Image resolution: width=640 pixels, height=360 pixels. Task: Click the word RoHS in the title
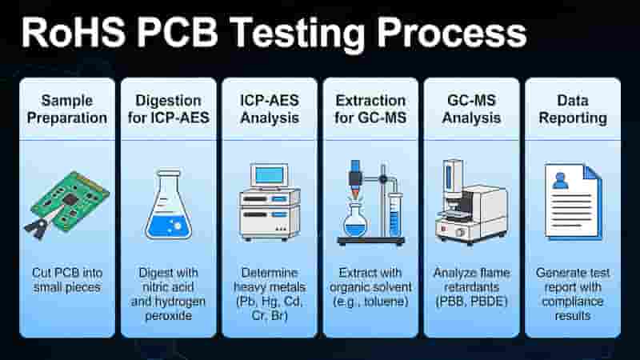pos(74,33)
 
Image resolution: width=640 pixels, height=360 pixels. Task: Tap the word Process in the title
pos(452,33)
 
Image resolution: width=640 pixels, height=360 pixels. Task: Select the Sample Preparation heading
pos(67,109)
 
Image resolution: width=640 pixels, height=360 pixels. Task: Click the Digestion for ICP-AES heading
pos(168,109)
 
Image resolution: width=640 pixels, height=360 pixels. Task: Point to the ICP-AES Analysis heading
pos(270,109)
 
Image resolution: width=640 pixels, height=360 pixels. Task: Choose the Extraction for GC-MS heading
pos(370,109)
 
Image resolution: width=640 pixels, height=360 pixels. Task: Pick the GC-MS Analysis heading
pos(471,109)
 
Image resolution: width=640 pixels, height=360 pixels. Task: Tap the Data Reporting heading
pos(573,109)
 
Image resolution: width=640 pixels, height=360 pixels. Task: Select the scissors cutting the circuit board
pos(41,225)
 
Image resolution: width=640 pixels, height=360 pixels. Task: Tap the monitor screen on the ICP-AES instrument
pos(269,175)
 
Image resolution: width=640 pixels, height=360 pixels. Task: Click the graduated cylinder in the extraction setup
pos(394,214)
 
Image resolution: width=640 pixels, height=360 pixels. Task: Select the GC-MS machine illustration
pos(471,202)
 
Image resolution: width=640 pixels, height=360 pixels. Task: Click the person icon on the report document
pos(561,181)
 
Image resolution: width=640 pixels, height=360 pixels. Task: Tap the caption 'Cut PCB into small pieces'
pos(67,280)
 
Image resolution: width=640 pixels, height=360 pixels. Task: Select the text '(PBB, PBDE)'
pos(471,302)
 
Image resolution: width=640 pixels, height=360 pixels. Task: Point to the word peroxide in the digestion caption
pos(168,316)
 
